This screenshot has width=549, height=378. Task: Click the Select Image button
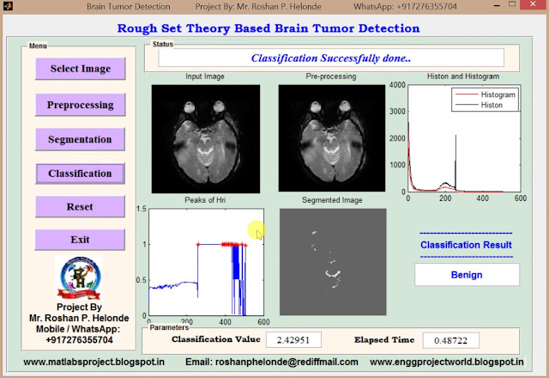[80, 69]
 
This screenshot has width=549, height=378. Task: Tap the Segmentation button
[80, 139]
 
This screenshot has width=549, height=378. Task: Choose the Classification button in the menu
[80, 174]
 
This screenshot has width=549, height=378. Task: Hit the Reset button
[80, 207]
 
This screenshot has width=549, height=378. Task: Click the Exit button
[80, 240]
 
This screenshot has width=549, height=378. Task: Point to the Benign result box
[467, 275]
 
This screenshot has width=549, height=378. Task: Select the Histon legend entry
[493, 104]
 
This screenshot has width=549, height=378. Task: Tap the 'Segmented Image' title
[331, 200]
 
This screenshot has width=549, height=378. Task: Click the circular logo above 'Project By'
[80, 277]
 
